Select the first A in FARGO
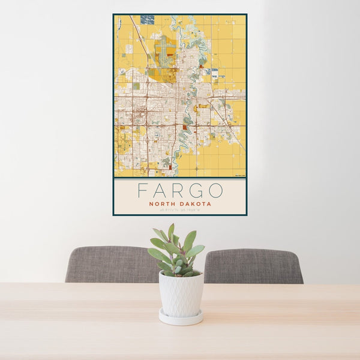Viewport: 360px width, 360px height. (159, 191)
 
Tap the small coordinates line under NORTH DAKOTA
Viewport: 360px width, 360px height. (180, 210)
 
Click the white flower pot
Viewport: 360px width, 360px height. (181, 293)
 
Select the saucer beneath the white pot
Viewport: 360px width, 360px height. (181, 318)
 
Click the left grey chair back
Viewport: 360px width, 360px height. (111, 265)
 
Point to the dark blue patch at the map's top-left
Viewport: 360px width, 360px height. (147, 20)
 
